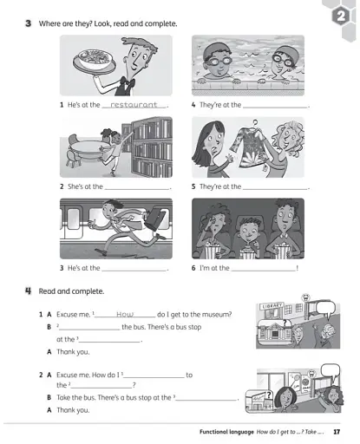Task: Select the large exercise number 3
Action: point(29,23)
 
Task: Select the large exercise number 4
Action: point(29,291)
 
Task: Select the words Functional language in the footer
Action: point(226,431)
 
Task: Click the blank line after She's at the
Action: point(135,186)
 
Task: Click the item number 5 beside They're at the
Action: point(193,186)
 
